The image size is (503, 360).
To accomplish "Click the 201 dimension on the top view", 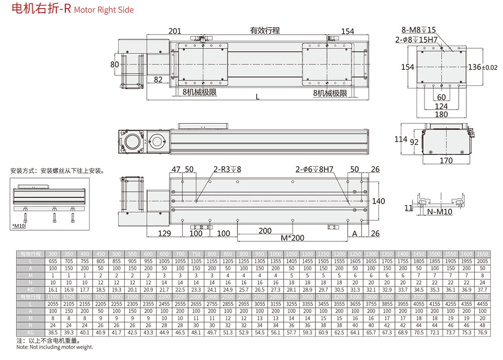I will point(175,31).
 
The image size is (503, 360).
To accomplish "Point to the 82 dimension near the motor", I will point(158,79).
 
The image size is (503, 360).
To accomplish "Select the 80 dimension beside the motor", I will point(115,64).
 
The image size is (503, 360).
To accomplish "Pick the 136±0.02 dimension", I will point(482,67).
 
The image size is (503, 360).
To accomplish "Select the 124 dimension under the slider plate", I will point(441,106).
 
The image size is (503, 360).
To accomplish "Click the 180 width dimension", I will point(441,115).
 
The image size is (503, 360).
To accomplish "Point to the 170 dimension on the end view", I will point(446,161).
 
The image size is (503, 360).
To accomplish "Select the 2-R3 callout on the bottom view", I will point(227,169).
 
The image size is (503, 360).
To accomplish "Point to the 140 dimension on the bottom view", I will point(378,201).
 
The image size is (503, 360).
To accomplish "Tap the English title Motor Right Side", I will point(104,10).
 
